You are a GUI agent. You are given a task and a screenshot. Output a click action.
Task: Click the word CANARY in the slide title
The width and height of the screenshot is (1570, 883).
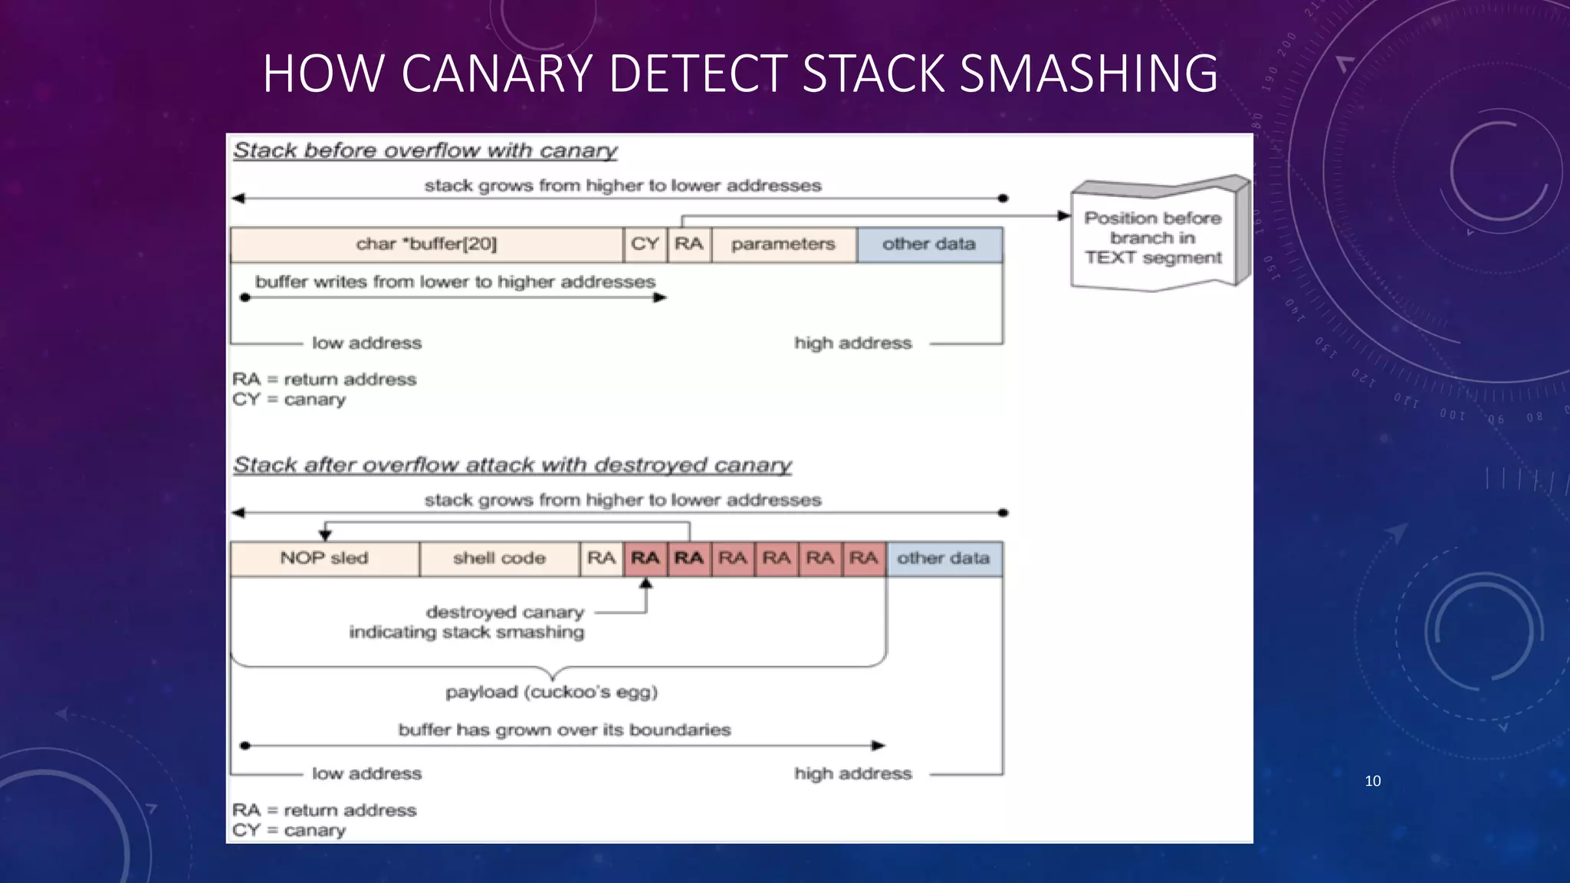coord(497,74)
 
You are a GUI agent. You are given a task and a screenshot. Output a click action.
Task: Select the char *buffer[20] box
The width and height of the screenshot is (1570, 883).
coord(426,245)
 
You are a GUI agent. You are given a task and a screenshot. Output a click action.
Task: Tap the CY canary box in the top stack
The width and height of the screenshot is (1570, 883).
coord(645,245)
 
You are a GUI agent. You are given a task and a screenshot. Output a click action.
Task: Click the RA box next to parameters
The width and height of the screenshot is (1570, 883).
coord(688,245)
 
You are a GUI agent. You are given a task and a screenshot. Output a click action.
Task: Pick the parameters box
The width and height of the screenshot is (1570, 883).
coord(783,245)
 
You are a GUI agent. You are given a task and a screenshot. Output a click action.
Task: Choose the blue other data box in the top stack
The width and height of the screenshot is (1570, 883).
coord(928,245)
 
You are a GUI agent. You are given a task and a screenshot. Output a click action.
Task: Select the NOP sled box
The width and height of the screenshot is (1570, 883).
coord(324,559)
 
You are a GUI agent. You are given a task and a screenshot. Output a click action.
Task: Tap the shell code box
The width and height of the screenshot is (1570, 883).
coord(499,559)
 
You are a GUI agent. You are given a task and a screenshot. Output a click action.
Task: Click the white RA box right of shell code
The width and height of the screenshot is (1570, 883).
coord(601,559)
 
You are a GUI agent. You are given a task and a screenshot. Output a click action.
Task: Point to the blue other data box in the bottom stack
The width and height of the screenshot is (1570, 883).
coord(943,559)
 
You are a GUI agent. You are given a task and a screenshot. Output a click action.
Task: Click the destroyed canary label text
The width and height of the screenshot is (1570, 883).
coord(504,612)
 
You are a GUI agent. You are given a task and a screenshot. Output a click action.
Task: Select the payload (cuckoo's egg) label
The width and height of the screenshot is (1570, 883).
coord(551,692)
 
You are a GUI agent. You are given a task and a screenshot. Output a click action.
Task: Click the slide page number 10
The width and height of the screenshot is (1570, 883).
coord(1372,781)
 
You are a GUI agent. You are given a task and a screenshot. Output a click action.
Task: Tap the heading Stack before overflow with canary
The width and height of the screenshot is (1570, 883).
coord(425,150)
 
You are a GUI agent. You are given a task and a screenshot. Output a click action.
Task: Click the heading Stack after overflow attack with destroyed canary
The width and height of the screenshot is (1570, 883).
coord(512,465)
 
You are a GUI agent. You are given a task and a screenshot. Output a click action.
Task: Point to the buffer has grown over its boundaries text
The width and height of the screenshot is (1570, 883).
coord(564,730)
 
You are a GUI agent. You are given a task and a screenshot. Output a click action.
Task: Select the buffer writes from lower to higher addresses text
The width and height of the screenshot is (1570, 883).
coord(455,282)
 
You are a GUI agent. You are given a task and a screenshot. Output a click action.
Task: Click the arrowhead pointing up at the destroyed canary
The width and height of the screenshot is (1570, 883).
coord(645,584)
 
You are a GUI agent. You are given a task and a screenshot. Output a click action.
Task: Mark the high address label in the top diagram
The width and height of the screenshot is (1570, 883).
coord(852,343)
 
